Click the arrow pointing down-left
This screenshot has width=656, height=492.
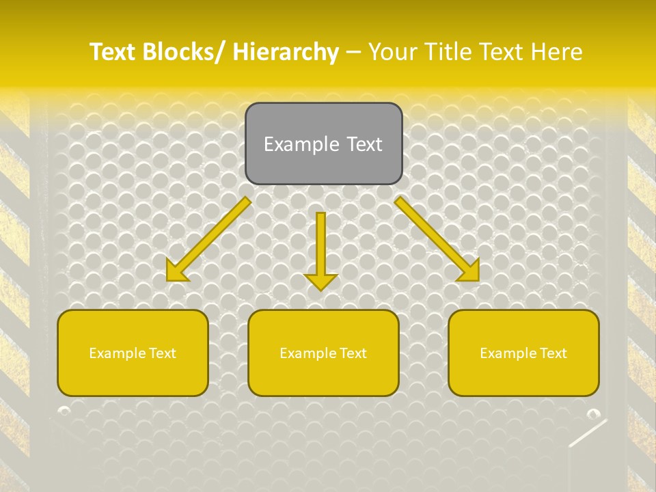point(208,239)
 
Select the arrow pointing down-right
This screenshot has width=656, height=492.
point(437,239)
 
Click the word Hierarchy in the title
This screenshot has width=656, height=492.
point(286,52)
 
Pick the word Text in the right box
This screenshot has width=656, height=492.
point(553,353)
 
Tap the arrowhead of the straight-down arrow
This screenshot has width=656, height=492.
point(321,282)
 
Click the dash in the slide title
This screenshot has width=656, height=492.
point(353,52)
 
